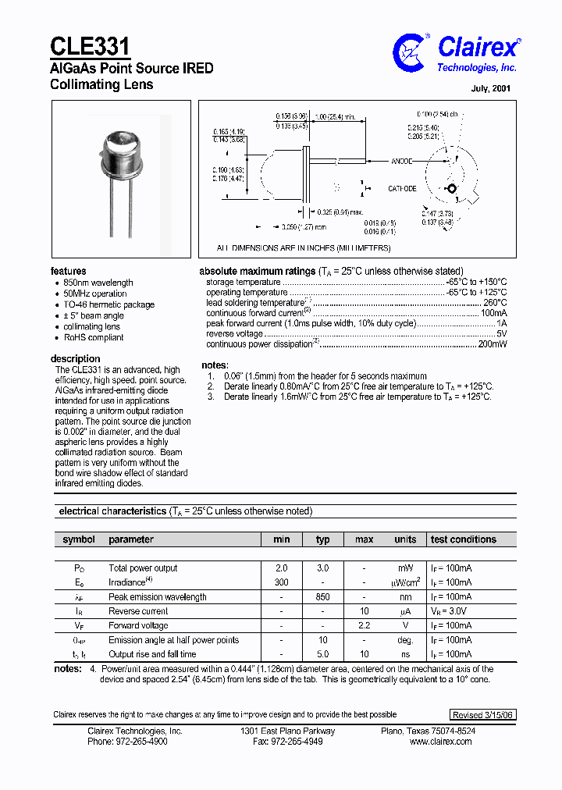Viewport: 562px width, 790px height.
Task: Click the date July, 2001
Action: (491, 88)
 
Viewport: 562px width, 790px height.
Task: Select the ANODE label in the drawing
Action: (403, 162)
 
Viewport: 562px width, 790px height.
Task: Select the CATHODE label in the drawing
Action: (402, 189)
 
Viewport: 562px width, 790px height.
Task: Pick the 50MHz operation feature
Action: (95, 294)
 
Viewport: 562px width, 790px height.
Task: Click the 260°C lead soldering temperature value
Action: (495, 302)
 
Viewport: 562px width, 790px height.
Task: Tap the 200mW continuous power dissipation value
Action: (493, 343)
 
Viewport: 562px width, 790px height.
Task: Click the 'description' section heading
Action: (75, 359)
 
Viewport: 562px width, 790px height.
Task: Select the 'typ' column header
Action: (322, 539)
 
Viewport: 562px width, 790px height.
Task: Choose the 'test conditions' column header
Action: (463, 539)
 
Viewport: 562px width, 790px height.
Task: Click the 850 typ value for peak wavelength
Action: (322, 597)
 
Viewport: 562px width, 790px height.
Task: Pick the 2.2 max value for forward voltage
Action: (364, 625)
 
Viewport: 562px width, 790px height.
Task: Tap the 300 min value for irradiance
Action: (282, 582)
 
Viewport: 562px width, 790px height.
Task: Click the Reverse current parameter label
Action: (138, 611)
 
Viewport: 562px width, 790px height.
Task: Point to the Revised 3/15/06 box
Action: (483, 714)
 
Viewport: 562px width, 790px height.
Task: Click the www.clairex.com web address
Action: (440, 742)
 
